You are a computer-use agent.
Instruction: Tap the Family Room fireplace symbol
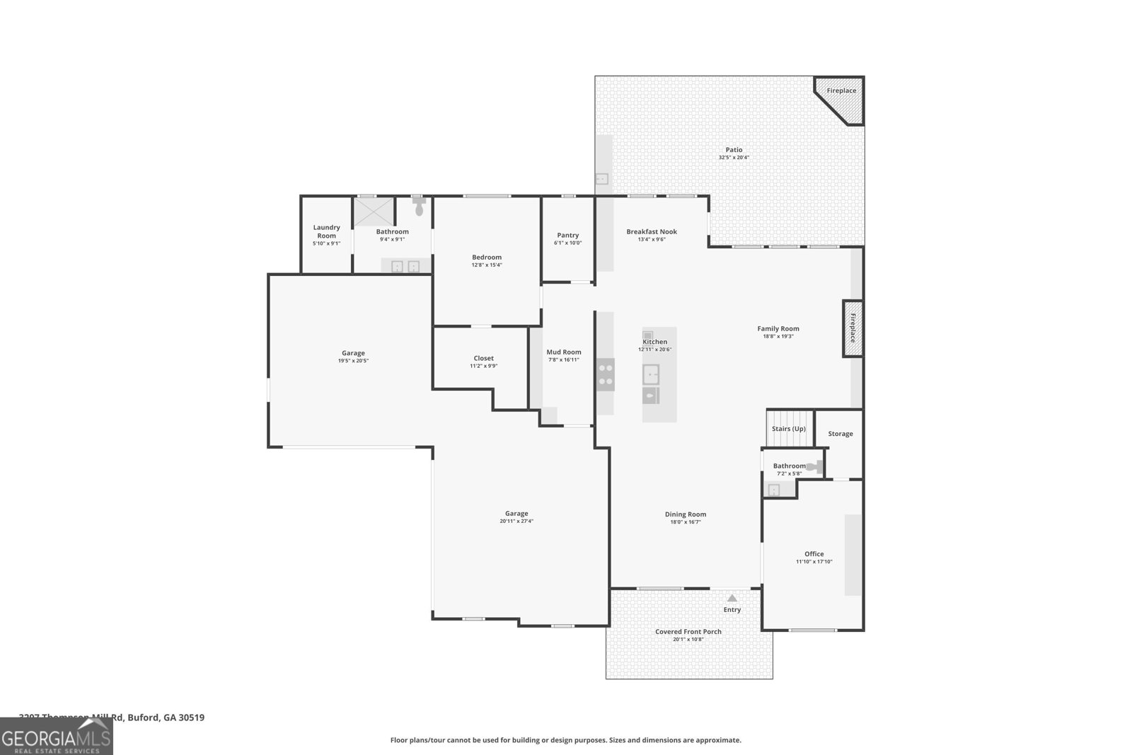(x=853, y=328)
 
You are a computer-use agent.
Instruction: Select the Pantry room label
(x=567, y=235)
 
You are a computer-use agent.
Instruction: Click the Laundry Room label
(x=327, y=231)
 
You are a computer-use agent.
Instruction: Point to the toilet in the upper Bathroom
(x=419, y=207)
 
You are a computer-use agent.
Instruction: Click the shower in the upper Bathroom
(x=374, y=210)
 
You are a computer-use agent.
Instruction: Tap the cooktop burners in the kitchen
(x=606, y=375)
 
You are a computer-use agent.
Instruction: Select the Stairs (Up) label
(x=788, y=429)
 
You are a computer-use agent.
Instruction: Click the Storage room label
(x=841, y=434)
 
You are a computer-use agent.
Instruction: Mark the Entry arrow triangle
(x=732, y=599)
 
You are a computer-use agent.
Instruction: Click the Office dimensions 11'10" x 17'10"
(x=814, y=562)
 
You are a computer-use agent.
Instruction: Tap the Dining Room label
(x=686, y=514)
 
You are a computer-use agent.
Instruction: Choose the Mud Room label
(x=564, y=352)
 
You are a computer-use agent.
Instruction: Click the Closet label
(x=484, y=358)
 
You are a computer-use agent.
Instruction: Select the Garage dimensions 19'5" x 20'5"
(x=353, y=361)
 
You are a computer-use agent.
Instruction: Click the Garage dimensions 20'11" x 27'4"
(x=516, y=521)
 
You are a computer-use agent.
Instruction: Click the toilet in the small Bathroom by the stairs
(x=815, y=466)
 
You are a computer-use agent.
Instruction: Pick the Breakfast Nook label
(x=652, y=231)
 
